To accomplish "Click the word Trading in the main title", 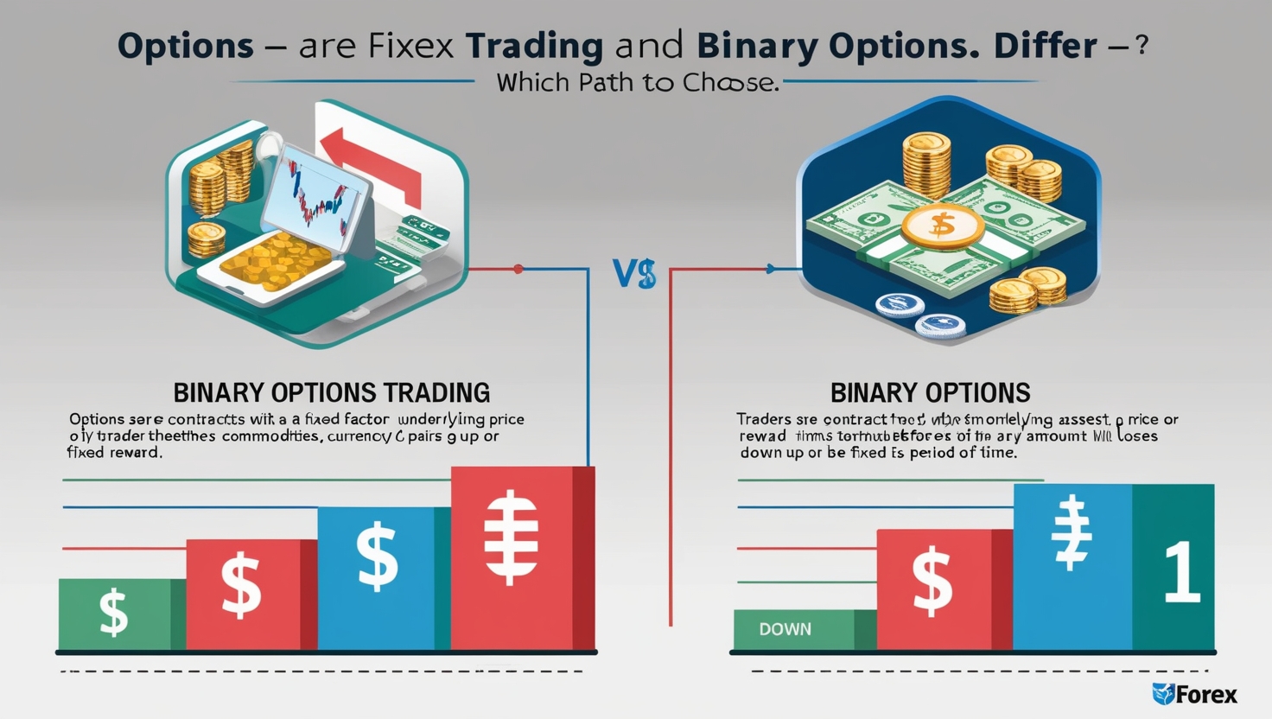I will (x=534, y=46).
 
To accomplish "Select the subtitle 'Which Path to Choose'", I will (x=638, y=83).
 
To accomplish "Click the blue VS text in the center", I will (x=634, y=274).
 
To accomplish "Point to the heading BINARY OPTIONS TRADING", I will (x=332, y=392).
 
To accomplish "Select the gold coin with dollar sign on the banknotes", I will (x=942, y=225).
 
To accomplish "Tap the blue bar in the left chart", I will (x=377, y=577).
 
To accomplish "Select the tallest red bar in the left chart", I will (x=515, y=557).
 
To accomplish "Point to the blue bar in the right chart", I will (x=1072, y=566).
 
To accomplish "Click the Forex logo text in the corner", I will (x=1205, y=695).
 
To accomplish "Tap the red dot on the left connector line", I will (x=518, y=269).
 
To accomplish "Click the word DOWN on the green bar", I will (x=785, y=629).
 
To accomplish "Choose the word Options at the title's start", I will (x=186, y=46).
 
